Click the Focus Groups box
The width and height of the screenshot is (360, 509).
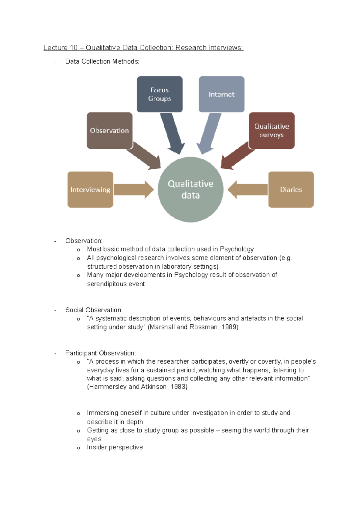click(x=160, y=94)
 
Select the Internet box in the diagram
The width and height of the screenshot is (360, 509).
click(x=221, y=94)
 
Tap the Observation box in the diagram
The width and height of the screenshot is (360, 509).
click(x=109, y=130)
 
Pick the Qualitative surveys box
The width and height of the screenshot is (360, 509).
click(x=271, y=130)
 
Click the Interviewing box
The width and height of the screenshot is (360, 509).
click(x=90, y=189)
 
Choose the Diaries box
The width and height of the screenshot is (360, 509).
click(x=291, y=189)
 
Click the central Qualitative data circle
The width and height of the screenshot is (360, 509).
click(x=190, y=189)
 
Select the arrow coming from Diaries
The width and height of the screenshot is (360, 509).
click(x=247, y=189)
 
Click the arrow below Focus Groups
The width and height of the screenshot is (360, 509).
click(x=173, y=133)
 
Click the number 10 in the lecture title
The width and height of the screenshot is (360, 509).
click(x=73, y=48)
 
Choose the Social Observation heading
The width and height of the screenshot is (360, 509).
click(x=94, y=310)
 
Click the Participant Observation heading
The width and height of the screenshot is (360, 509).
click(x=100, y=353)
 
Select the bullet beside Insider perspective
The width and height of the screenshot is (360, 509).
click(x=78, y=448)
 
